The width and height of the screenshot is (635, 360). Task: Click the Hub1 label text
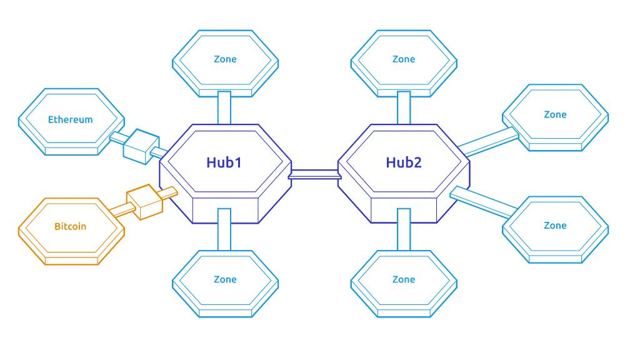[x=224, y=162]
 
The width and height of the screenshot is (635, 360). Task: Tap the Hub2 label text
[x=404, y=162]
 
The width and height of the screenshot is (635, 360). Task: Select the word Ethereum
[x=71, y=119]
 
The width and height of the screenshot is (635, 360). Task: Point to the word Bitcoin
[x=71, y=226]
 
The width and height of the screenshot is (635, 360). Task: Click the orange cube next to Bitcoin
[x=144, y=202]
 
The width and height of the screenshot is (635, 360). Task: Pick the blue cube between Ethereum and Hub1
[x=141, y=146]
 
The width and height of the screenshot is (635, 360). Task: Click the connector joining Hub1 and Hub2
[x=314, y=174]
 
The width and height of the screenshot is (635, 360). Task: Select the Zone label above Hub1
[x=225, y=59]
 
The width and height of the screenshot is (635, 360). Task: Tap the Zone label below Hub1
[x=225, y=279]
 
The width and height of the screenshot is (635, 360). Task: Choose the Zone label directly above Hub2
[x=404, y=59]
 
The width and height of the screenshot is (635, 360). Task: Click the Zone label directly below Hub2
[x=404, y=279]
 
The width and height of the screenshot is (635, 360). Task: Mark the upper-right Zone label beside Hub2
[x=555, y=114]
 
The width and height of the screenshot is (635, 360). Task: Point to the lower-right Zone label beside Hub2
[x=555, y=226]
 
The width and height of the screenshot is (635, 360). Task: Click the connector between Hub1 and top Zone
[x=224, y=107]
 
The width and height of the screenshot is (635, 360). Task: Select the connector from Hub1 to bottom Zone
[x=224, y=229]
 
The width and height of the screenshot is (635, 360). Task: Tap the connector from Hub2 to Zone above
[x=404, y=107]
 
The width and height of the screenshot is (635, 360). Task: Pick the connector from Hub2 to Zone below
[x=404, y=229]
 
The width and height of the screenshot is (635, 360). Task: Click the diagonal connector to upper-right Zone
[x=489, y=142]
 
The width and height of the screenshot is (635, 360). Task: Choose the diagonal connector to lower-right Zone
[x=484, y=202]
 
